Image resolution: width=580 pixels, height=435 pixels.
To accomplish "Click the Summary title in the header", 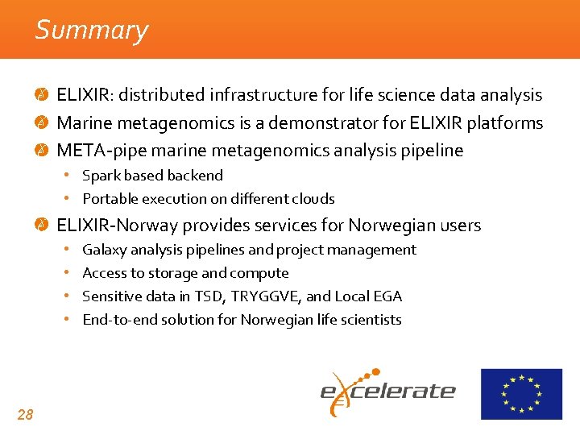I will (x=92, y=31).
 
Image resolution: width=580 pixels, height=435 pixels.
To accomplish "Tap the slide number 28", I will (x=25, y=415).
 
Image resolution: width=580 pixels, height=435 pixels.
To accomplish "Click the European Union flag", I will (x=521, y=394).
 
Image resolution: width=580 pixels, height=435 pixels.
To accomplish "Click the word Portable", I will (x=109, y=199).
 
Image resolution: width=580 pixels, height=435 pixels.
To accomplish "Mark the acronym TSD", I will (x=205, y=296).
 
